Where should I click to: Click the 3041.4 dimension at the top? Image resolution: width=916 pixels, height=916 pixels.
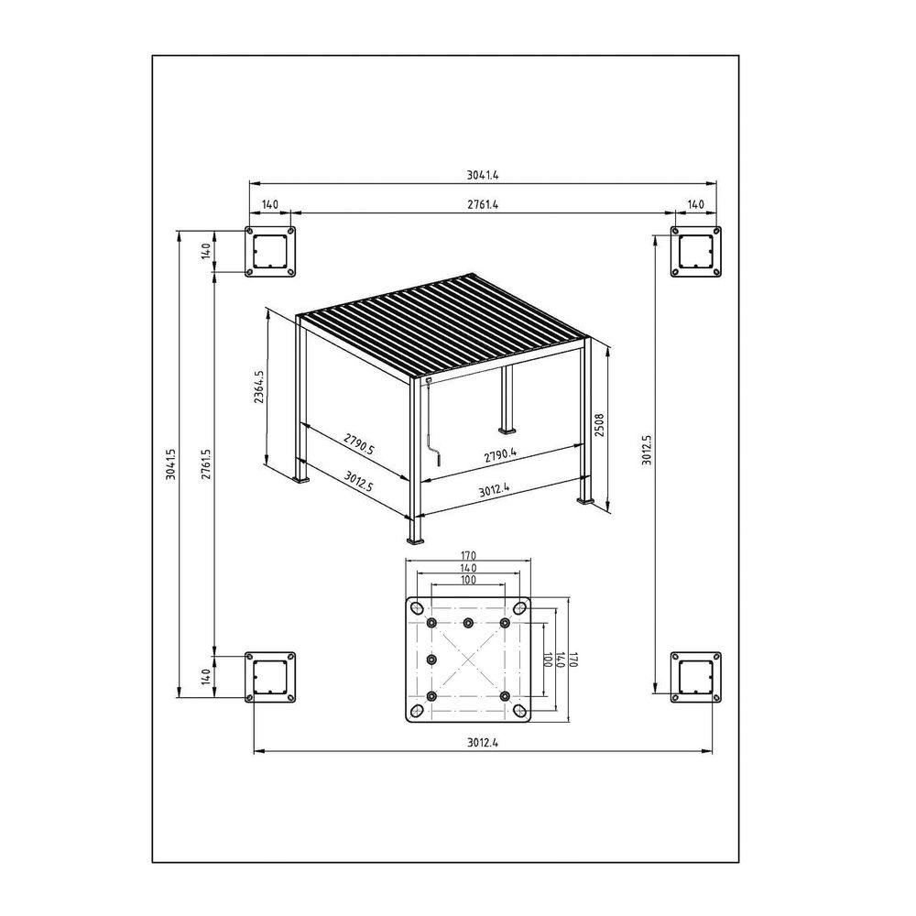pos(483,174)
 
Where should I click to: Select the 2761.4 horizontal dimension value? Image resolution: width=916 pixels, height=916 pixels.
pos(483,204)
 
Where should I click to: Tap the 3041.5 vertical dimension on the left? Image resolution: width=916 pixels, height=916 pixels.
pos(170,464)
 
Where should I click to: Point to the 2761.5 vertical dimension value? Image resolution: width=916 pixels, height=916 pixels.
pos(205,464)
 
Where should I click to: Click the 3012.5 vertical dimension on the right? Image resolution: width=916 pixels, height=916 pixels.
pos(647,450)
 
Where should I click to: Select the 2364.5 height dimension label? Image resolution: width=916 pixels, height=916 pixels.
pos(259,387)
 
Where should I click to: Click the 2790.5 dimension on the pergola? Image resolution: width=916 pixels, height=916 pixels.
pos(359,443)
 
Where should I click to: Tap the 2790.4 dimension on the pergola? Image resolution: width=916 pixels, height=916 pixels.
pos(500,454)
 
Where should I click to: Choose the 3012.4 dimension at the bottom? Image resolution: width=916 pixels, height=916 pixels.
pos(483,743)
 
